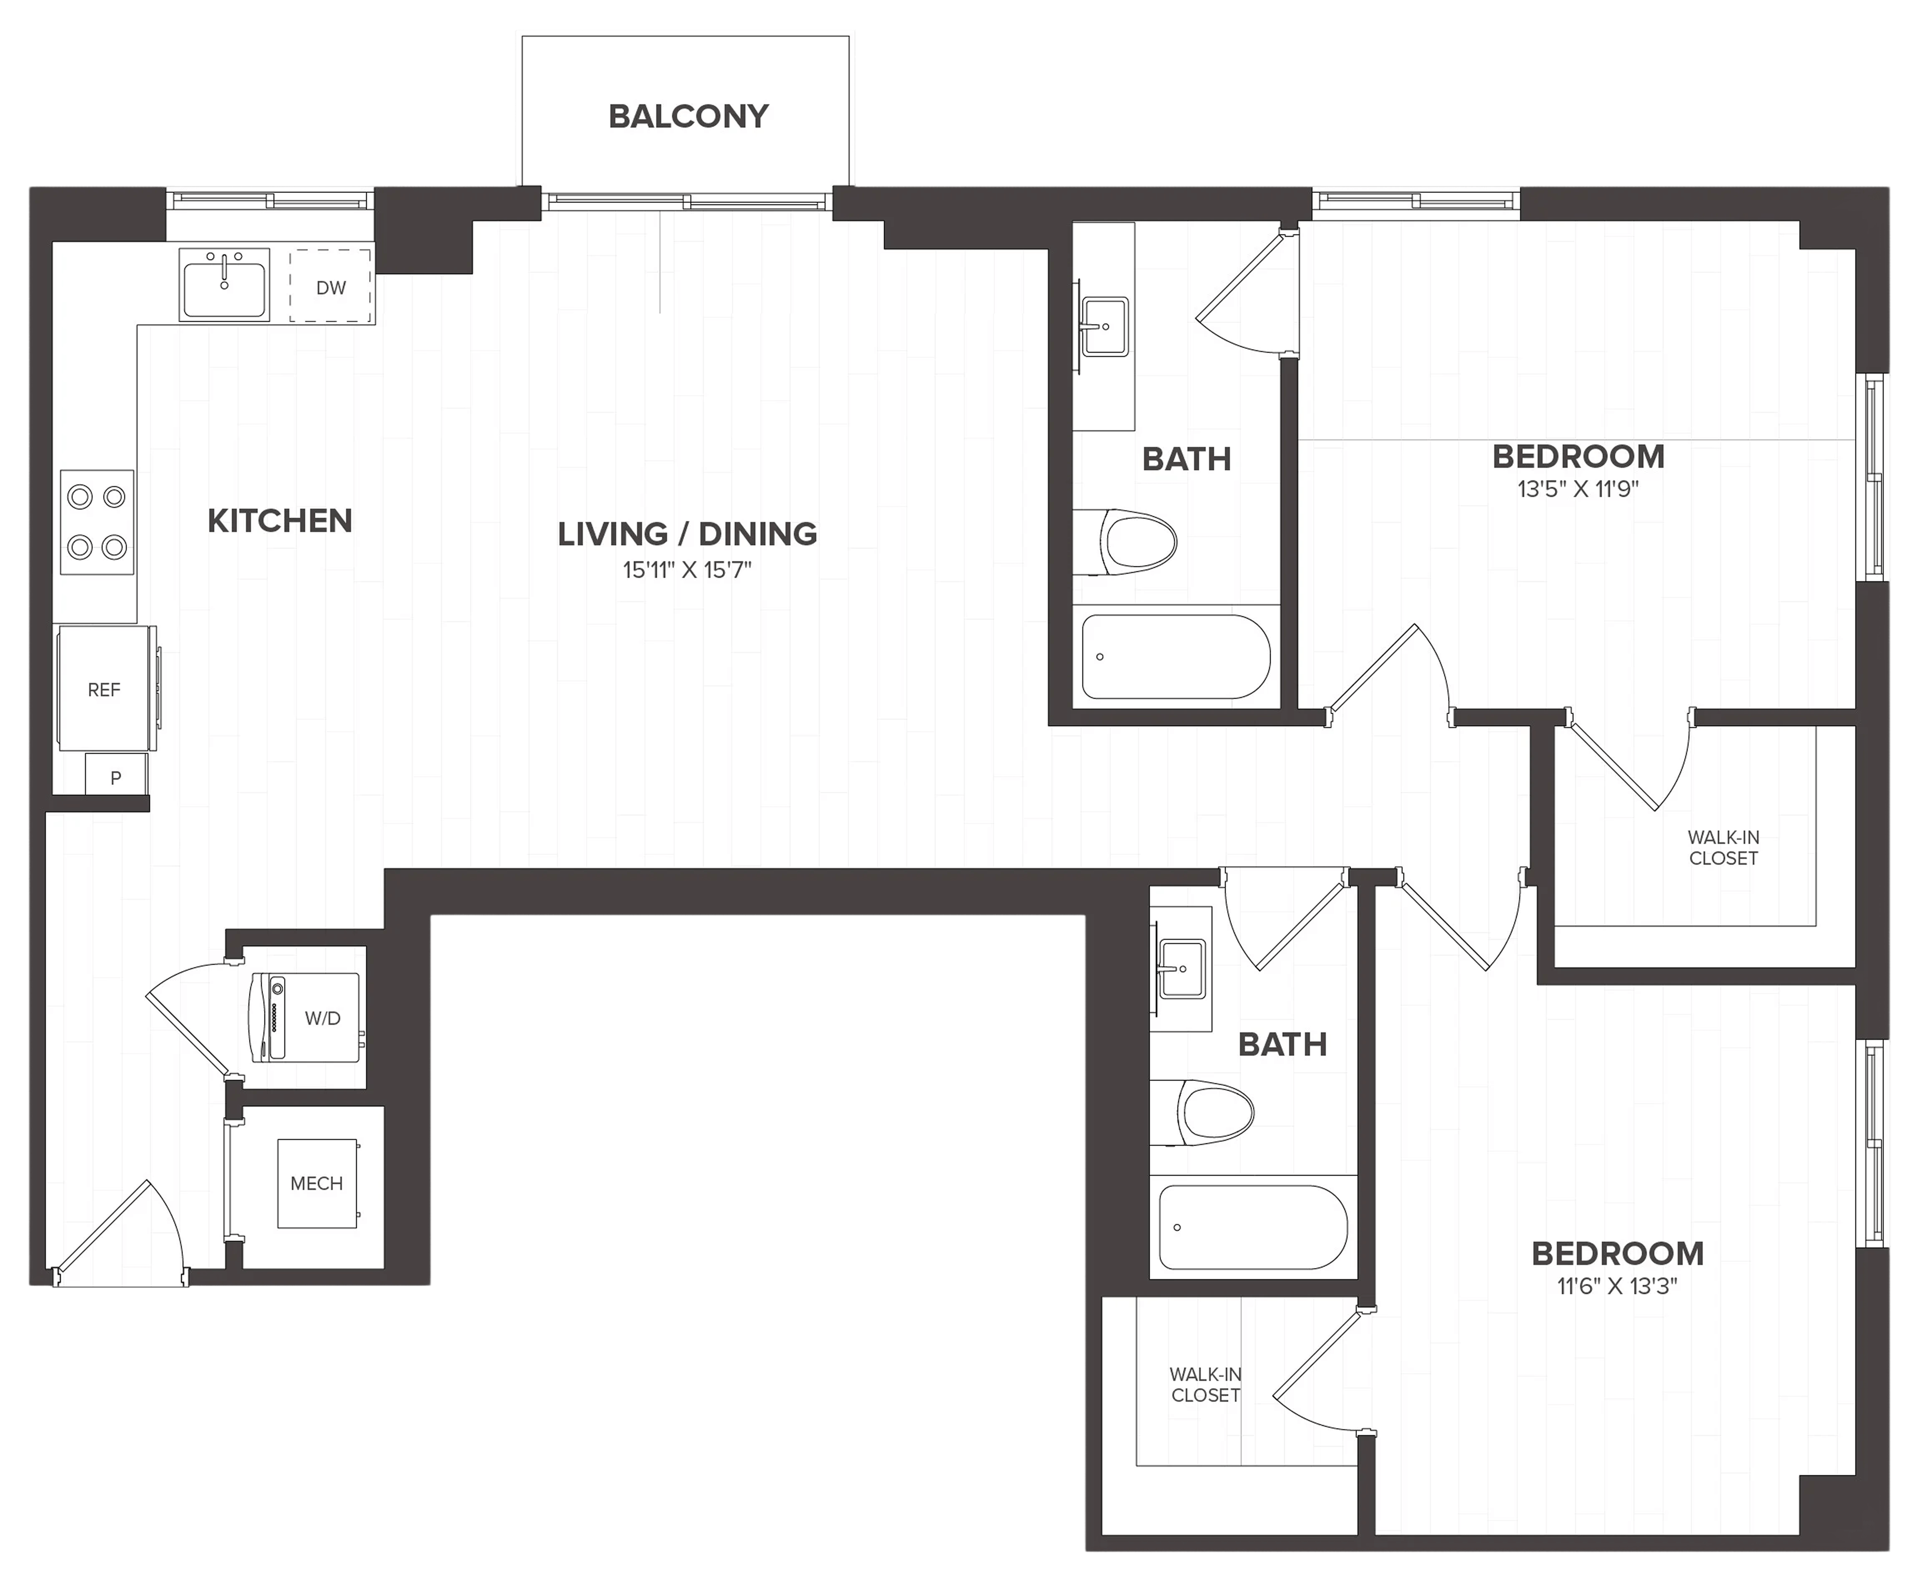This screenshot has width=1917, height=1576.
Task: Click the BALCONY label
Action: click(x=688, y=116)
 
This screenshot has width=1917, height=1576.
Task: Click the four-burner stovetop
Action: click(x=97, y=522)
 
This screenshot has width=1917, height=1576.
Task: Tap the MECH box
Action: click(x=317, y=1183)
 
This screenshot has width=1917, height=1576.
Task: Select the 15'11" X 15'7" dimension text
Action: click(x=687, y=570)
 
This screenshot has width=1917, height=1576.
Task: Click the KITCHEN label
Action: click(x=280, y=521)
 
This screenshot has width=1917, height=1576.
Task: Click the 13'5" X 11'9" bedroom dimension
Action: click(x=1578, y=489)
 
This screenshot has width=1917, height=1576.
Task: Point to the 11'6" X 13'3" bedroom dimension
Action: click(x=1618, y=1286)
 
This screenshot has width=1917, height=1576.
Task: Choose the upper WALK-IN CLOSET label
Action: click(x=1724, y=848)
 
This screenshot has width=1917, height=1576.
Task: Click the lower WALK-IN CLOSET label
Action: click(x=1205, y=1385)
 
